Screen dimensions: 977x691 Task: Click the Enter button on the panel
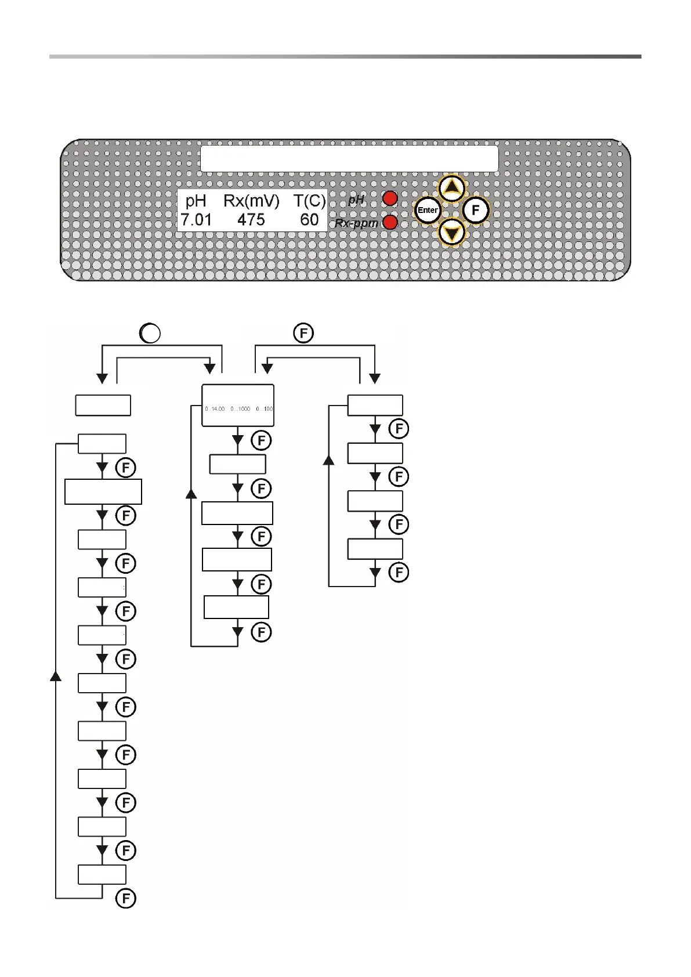coord(428,210)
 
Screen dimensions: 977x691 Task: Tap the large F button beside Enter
coord(476,210)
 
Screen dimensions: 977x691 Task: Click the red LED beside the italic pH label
coord(390,199)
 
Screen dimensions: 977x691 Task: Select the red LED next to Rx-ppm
coord(390,222)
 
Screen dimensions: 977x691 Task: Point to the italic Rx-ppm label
coord(356,223)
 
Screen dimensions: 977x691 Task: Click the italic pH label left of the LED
coord(356,200)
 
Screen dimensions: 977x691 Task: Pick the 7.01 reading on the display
coord(196,220)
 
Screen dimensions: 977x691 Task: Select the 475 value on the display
coord(251,220)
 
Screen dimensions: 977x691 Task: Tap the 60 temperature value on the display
coord(309,220)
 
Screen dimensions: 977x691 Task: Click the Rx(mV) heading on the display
coord(251,201)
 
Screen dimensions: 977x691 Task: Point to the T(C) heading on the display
coord(309,201)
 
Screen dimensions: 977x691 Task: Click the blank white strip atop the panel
coord(349,158)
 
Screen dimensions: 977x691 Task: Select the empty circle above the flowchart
coord(150,333)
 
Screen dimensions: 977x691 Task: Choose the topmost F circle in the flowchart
coord(303,333)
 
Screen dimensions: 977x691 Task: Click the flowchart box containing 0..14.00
coord(238,405)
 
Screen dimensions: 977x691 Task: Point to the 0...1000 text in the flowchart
coord(240,409)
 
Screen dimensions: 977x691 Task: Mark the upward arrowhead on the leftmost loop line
coord(56,675)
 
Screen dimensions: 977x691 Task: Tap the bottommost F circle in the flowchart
coord(126,898)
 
